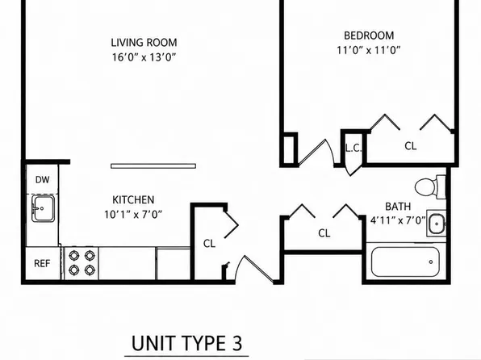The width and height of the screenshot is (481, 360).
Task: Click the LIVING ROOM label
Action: pyautogui.click(x=144, y=43)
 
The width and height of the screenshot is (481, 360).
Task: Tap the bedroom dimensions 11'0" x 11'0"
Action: pyautogui.click(x=369, y=50)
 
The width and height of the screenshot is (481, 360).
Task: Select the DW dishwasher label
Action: pyautogui.click(x=42, y=180)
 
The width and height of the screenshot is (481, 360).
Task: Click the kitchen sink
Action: pyautogui.click(x=43, y=208)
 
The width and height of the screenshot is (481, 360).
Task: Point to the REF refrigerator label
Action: pyautogui.click(x=42, y=263)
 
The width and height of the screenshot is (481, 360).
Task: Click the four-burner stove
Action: pyautogui.click(x=82, y=262)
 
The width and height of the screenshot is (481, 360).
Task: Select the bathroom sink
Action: pyautogui.click(x=437, y=224)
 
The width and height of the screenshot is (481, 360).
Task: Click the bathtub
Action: pyautogui.click(x=405, y=262)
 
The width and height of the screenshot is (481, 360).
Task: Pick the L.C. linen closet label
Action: pyautogui.click(x=353, y=149)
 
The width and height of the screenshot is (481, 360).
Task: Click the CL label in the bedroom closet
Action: pyautogui.click(x=411, y=146)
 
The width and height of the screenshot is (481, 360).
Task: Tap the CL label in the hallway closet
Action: pyautogui.click(x=324, y=233)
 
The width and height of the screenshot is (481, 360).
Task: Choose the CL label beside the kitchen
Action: pyautogui.click(x=209, y=244)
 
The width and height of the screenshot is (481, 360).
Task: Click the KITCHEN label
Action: pyautogui.click(x=133, y=200)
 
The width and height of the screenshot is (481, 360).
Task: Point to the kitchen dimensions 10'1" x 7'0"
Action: pyautogui.click(x=133, y=215)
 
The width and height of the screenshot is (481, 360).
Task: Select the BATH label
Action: pyautogui.click(x=398, y=207)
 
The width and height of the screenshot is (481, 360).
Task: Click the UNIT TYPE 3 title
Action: pyautogui.click(x=186, y=343)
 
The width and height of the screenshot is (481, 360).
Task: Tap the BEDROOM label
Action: pyautogui.click(x=369, y=36)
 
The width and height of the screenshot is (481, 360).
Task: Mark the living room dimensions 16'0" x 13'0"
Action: pyautogui.click(x=144, y=57)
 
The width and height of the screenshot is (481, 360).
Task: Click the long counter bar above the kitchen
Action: pyautogui.click(x=153, y=166)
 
